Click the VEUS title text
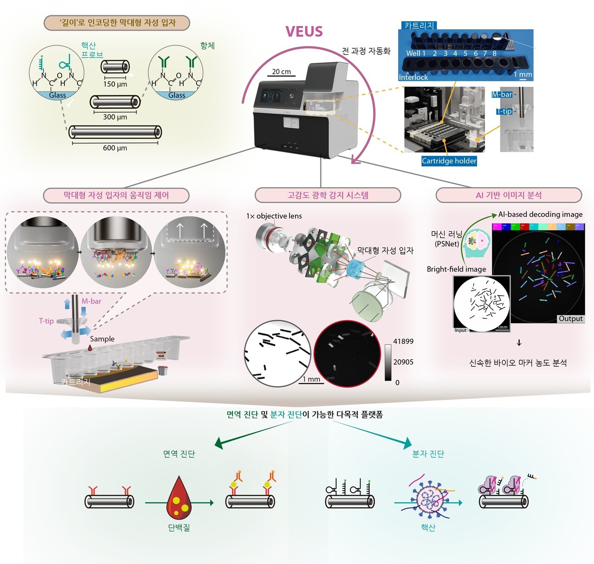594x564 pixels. [304, 32]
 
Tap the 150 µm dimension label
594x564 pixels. [115, 84]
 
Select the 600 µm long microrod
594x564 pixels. [115, 132]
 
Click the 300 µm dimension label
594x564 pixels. [115, 117]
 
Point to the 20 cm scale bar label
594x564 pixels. [281, 71]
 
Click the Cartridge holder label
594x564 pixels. [449, 161]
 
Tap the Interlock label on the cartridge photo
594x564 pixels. [413, 77]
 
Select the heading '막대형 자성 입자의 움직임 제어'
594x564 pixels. [116, 195]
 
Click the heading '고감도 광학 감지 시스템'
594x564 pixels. [328, 195]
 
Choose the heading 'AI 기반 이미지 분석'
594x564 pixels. [509, 195]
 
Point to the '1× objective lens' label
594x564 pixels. [274, 216]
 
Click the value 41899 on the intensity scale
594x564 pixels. [403, 341]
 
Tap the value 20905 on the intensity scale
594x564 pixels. [403, 362]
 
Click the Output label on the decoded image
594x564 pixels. [570, 318]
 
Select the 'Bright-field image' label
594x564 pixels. [456, 269]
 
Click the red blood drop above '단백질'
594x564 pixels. [179, 499]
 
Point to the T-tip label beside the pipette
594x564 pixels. [46, 321]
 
